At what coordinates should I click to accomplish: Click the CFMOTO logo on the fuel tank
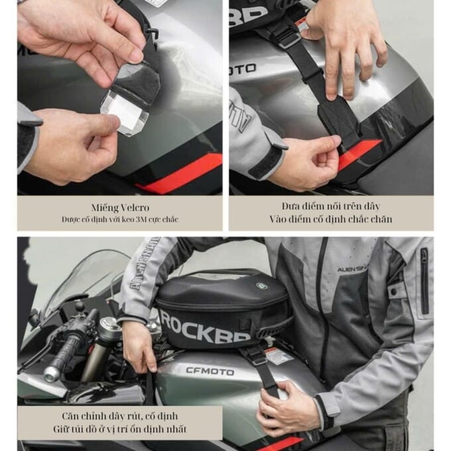tap(210, 371)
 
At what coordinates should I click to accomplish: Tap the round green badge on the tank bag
tap(261, 286)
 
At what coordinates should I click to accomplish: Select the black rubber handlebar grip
tap(67, 352)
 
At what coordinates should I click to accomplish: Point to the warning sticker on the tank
tap(279, 356)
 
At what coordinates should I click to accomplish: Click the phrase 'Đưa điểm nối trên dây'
tap(331, 206)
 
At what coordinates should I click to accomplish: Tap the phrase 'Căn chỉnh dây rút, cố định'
tap(119, 416)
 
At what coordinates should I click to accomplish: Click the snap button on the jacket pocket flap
tap(394, 292)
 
